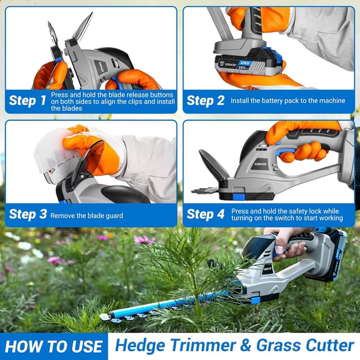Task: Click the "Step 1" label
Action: point(28,101)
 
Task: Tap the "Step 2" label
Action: point(205,101)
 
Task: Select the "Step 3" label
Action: point(28,214)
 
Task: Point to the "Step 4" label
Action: point(205,214)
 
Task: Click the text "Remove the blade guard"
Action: point(87,215)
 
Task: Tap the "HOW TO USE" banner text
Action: point(54,346)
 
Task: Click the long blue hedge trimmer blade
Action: point(163,304)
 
